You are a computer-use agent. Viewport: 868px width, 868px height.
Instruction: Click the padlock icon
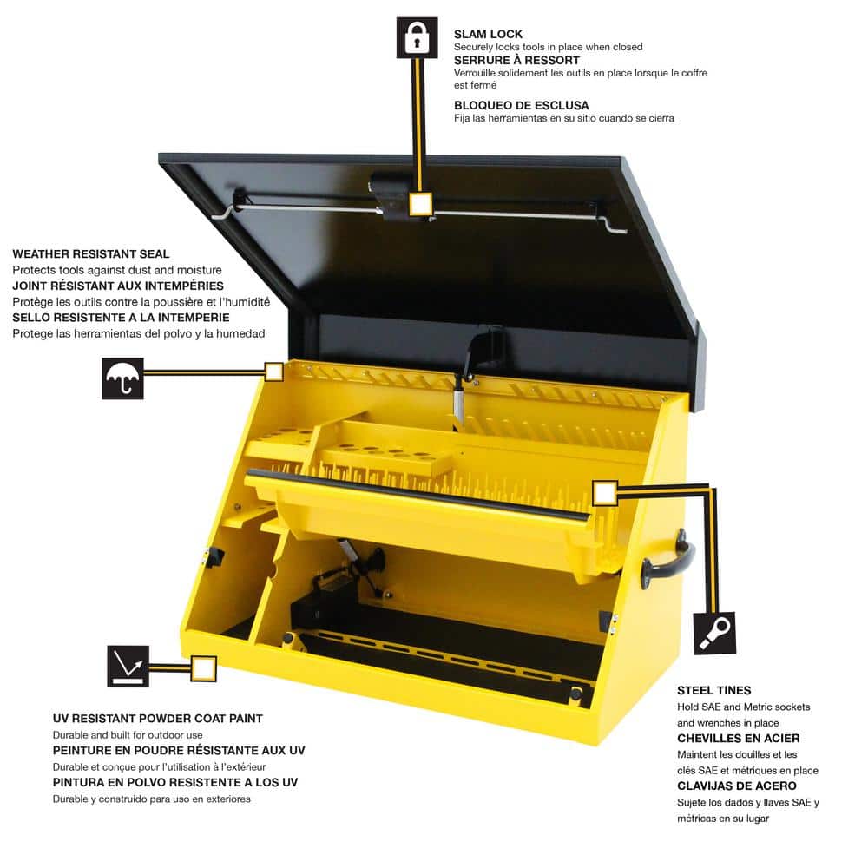pos(417,37)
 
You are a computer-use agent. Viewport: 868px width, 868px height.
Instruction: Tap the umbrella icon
pos(122,378)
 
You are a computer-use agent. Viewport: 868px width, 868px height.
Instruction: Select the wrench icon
pos(714,633)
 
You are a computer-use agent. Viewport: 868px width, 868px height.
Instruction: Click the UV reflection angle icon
pos(128,666)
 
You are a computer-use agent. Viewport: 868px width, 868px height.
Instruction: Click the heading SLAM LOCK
pos(488,35)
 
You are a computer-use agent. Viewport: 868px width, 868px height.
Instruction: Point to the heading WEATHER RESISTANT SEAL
pos(91,254)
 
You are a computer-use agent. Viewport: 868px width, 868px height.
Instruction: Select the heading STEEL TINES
pos(714,690)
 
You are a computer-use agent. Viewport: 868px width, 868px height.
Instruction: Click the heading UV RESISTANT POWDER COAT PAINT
pos(158,719)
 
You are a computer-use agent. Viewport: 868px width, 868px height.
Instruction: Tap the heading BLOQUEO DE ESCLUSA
pos(522,105)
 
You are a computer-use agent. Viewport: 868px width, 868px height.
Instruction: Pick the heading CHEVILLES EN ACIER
pos(739,739)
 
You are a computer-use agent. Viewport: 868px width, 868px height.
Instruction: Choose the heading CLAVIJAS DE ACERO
pos(737,786)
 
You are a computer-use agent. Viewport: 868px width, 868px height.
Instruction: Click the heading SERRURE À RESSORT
pos(516,60)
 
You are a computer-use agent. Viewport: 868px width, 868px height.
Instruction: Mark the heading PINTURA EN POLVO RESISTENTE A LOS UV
pos(175,783)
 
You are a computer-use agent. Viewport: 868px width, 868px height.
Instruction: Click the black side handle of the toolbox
pos(668,561)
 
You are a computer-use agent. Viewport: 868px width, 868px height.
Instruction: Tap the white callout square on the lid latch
pos(421,204)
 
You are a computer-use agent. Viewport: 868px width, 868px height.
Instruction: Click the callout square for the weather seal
pos(273,372)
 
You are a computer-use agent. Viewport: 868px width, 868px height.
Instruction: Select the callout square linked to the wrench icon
pos(604,493)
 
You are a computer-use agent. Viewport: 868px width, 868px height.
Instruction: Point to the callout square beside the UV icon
pos(204,668)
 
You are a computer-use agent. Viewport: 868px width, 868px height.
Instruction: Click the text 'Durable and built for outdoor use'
pos(128,735)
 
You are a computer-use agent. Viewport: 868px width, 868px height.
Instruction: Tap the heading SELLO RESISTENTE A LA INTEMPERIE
pos(121,318)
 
